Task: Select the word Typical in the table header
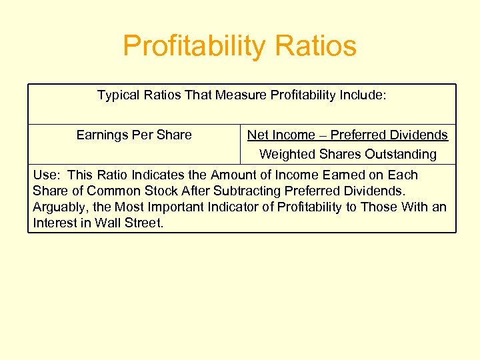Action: (x=118, y=95)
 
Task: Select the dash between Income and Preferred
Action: (x=322, y=135)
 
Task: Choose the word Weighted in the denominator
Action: (x=285, y=154)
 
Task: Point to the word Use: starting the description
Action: (x=47, y=175)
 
